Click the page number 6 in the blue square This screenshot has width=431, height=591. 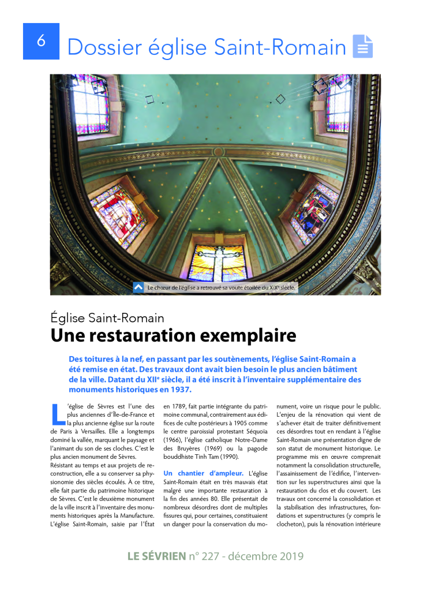(41, 41)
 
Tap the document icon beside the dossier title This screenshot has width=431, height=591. (363, 46)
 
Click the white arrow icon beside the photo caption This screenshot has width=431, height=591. (138, 287)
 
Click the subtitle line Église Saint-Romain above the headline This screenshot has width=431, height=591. (107, 317)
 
